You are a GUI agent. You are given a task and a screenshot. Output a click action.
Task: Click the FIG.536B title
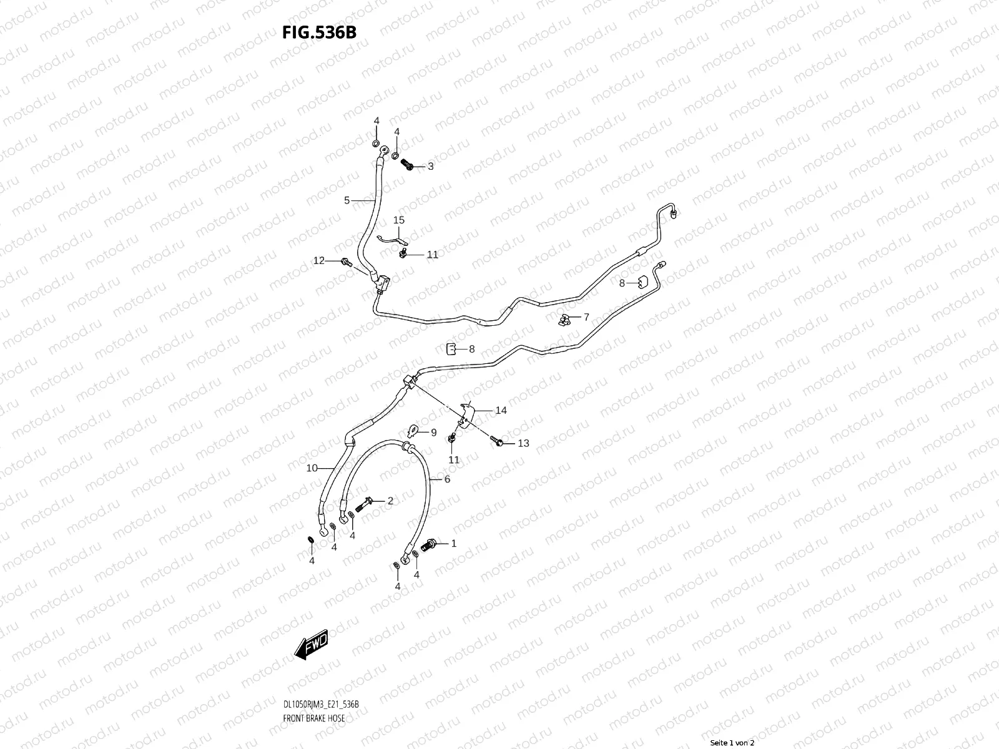click(x=319, y=32)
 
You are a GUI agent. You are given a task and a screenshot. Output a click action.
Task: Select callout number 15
click(x=398, y=220)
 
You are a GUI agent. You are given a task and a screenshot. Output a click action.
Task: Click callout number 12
click(x=319, y=260)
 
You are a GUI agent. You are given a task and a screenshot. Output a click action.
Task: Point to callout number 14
click(x=501, y=410)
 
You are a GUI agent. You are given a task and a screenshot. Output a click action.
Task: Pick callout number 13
click(x=523, y=443)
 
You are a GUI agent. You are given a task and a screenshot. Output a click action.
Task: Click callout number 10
click(x=312, y=468)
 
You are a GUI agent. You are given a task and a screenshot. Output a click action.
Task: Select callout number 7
click(x=586, y=317)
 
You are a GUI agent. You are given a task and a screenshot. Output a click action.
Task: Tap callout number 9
click(x=433, y=432)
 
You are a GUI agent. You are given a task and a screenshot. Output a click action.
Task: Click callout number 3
click(x=430, y=167)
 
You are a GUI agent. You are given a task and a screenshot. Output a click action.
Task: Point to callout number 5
click(x=347, y=200)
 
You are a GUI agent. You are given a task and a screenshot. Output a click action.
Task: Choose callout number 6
click(x=447, y=479)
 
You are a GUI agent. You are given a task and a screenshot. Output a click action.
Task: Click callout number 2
click(x=390, y=501)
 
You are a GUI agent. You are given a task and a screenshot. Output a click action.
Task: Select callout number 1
click(x=454, y=544)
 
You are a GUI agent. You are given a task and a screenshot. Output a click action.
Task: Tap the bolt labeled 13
click(x=499, y=442)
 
